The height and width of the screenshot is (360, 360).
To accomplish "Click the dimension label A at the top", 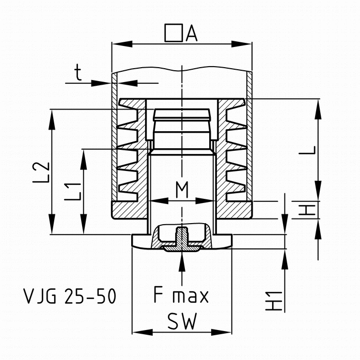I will click(192, 34).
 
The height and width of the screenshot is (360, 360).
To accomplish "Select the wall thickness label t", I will click(78, 74).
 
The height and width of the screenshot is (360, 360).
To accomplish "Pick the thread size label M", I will click(181, 191).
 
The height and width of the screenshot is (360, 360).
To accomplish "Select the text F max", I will click(181, 296).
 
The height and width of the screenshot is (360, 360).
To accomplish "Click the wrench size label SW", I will click(181, 323).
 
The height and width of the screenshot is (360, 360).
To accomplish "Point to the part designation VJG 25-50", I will click(70, 296).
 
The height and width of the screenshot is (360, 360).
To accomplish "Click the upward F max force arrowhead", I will click(181, 261).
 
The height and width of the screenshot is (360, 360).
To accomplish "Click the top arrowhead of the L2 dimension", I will click(52, 116).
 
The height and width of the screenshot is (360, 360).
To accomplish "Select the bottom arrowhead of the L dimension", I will click(318, 192).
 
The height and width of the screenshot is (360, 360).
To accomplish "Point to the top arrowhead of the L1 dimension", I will click(83, 156).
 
